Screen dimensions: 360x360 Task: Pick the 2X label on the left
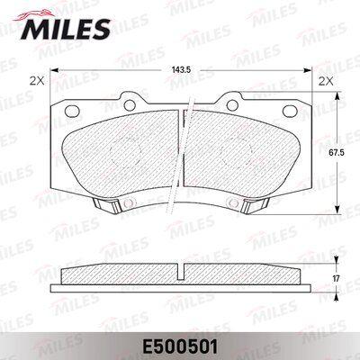pyautogui.click(x=37, y=80)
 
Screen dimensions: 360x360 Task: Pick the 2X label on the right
pyautogui.click(x=323, y=80)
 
